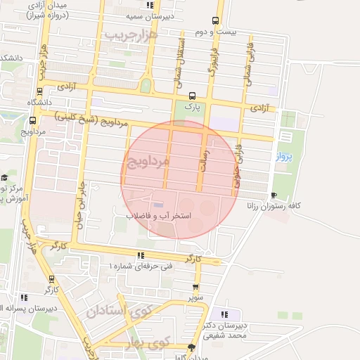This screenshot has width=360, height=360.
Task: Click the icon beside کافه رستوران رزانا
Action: tap(274, 195)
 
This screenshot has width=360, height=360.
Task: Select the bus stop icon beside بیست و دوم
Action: tap(214, 20)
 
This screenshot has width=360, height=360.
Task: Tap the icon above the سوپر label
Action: tap(196, 287)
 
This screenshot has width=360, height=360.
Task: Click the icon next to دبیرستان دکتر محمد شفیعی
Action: tap(225, 314)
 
